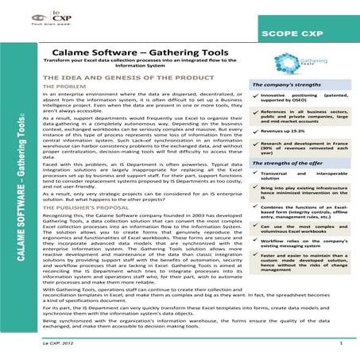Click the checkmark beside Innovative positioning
255,93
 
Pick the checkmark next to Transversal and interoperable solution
255,172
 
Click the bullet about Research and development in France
305,146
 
